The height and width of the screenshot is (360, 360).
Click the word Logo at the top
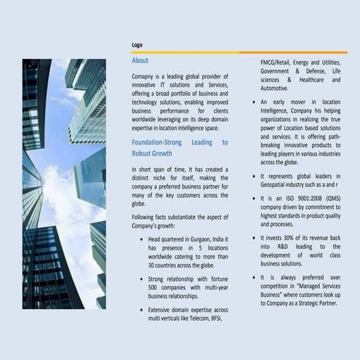[x=137, y=45]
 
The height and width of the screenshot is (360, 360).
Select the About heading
[x=140, y=60]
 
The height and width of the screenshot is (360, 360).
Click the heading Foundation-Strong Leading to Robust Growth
[x=180, y=148]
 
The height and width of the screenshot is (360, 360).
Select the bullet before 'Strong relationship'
[x=140, y=279]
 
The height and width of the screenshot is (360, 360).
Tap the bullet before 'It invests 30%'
[x=252, y=237]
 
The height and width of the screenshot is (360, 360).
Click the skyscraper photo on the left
[x=64, y=183]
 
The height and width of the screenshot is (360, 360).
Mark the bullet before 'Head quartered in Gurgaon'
[x=140, y=239]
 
